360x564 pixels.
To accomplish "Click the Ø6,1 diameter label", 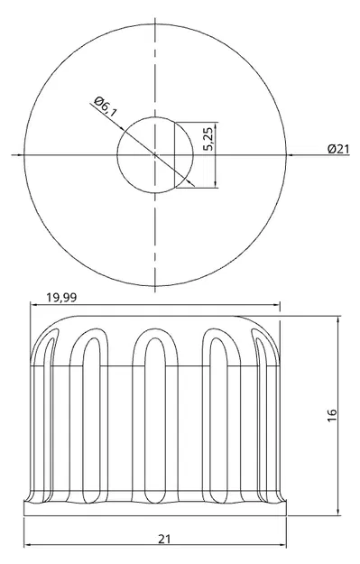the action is (106, 106).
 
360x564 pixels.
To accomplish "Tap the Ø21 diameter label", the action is (338, 149).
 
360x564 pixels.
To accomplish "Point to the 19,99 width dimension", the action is (61, 298).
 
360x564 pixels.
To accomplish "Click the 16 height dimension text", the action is (332, 415).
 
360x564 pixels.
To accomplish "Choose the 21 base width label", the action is (164, 539).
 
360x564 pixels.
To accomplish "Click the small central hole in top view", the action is (155, 155).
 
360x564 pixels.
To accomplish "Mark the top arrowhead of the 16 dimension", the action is (338, 320).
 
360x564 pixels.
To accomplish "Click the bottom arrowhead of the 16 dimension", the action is (338, 512).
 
